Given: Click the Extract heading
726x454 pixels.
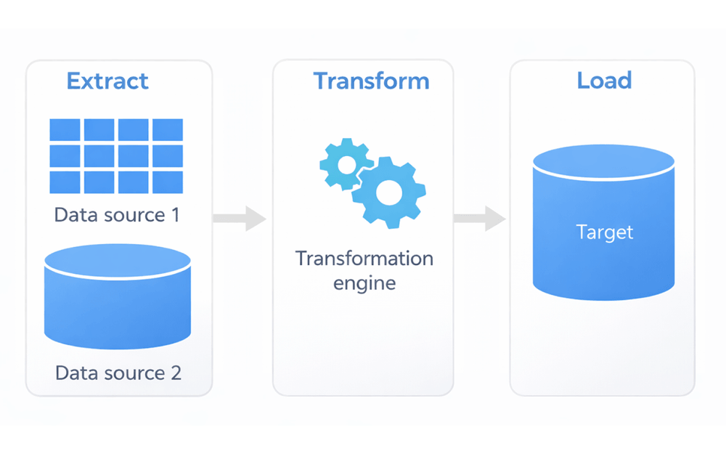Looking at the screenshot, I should [107, 81].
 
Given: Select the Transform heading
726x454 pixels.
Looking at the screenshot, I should [371, 81].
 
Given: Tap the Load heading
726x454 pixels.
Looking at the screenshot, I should [604, 80].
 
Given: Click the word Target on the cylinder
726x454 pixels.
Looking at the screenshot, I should [604, 232].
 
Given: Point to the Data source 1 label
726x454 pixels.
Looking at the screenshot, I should [116, 215].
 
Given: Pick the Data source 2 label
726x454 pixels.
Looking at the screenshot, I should [118, 373].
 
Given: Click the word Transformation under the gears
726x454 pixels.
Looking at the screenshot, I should [364, 259].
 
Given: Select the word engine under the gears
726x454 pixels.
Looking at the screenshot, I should [364, 283].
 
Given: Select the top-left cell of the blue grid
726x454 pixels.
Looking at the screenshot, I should [65, 130].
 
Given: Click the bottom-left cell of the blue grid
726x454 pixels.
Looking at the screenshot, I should [65, 182].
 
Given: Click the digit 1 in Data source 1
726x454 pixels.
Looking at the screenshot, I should [174, 215].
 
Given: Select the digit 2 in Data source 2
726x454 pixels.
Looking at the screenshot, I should [175, 373].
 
